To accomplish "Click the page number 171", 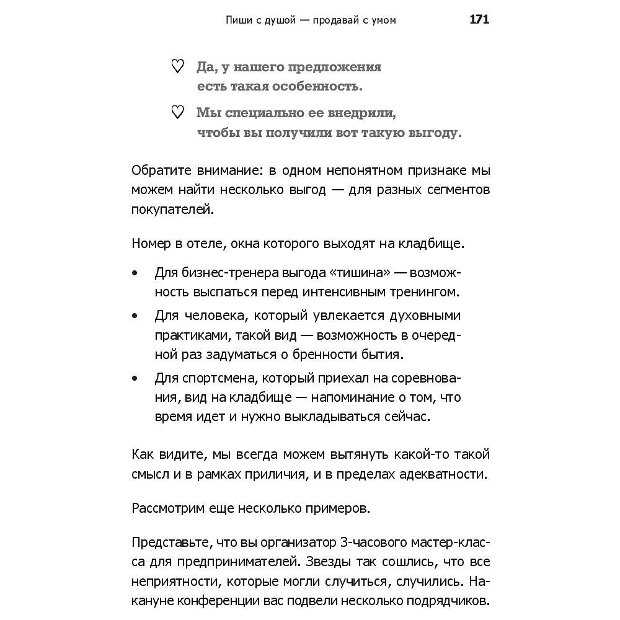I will coord(479,20).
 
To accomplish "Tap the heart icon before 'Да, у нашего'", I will coord(177,66).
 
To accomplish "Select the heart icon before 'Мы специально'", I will coord(177,112).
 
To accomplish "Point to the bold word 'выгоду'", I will coord(433,133).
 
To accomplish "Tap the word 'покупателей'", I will coord(172,210).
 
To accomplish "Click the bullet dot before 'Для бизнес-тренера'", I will coord(135,273).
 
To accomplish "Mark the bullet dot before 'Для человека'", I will coord(135,316).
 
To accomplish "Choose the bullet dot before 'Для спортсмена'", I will coord(135,378).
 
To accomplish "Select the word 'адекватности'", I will coord(448,475).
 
